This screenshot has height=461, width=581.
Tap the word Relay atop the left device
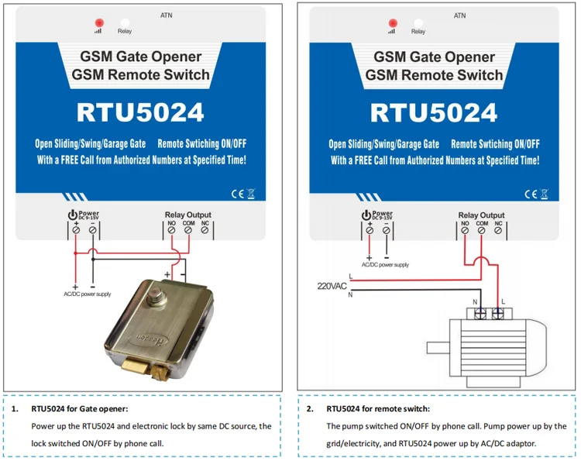(x=125, y=32)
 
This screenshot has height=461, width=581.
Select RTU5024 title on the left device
(x=140, y=112)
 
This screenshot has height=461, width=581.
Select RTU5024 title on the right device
(x=434, y=112)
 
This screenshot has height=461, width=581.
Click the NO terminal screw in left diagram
(x=171, y=230)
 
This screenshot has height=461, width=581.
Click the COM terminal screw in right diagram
(x=482, y=230)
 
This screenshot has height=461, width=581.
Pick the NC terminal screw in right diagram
(x=500, y=230)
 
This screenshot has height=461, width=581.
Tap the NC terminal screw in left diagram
(x=205, y=230)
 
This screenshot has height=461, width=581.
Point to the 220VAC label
(x=332, y=285)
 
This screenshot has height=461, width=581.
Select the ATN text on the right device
(x=459, y=15)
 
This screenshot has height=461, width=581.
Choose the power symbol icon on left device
(x=73, y=215)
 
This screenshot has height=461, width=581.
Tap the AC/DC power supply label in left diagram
(x=88, y=294)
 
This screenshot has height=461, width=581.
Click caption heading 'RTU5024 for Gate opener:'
(x=80, y=408)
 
